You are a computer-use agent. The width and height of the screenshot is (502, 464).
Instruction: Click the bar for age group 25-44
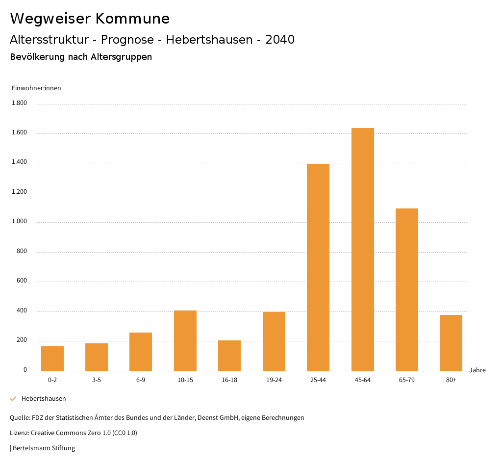point(318,267)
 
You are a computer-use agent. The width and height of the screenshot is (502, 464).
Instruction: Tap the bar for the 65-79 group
point(407,289)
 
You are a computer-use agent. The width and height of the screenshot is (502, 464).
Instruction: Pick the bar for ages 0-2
point(52,359)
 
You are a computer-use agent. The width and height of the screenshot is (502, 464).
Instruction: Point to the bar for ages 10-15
point(185,340)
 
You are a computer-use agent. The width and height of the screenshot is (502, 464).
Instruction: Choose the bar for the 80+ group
point(451,342)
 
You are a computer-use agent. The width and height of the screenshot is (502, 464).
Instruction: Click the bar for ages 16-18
point(229,356)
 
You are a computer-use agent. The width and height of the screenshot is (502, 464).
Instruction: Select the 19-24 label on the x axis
point(274,380)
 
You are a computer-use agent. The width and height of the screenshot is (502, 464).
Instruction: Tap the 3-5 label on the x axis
point(97,380)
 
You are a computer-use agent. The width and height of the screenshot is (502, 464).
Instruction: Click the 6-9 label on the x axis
point(141,380)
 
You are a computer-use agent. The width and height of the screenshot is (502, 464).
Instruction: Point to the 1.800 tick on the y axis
point(19,103)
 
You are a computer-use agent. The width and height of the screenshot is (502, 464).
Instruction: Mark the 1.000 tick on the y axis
point(19,222)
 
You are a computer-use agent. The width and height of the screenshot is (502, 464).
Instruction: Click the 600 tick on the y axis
point(22,281)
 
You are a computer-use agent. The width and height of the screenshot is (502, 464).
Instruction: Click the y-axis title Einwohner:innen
point(36,88)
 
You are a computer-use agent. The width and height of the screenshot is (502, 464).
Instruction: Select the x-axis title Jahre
point(477,370)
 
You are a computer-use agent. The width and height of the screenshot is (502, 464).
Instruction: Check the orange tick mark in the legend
point(13,399)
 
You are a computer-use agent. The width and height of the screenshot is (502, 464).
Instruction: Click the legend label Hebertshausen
point(44,399)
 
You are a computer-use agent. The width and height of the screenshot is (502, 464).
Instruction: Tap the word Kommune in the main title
point(132,19)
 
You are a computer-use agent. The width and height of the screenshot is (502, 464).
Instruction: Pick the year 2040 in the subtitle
point(280,40)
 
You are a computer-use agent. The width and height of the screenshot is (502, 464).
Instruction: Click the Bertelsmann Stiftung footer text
point(44,448)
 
